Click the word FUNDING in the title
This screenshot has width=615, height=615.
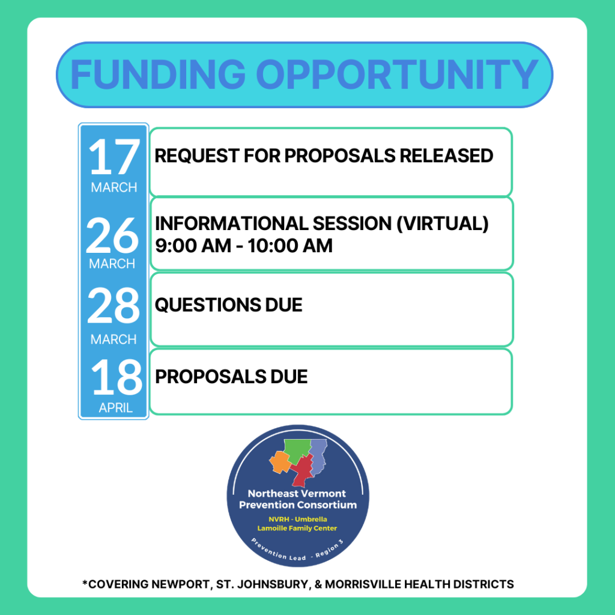tap(158, 74)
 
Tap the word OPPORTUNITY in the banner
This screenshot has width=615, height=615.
tap(397, 74)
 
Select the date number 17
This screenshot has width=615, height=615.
tap(114, 157)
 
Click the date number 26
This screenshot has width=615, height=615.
tap(112, 235)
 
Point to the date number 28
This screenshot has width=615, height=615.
tap(114, 305)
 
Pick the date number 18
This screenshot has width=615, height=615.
tap(117, 377)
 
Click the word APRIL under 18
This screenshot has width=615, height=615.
tap(116, 408)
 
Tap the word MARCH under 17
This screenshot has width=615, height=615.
tap(114, 187)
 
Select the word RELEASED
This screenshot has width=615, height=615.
tap(446, 156)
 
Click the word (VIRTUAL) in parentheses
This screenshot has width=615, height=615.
tap(443, 223)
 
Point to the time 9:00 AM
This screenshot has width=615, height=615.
tap(193, 246)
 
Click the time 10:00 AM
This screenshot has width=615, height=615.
tap(290, 246)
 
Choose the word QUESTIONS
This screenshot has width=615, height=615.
tap(207, 305)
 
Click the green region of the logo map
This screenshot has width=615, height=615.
tap(297, 450)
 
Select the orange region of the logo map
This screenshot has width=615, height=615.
tap(280, 462)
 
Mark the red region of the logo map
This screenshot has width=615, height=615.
tap(303, 472)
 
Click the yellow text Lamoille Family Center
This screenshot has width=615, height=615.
tap(297, 529)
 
